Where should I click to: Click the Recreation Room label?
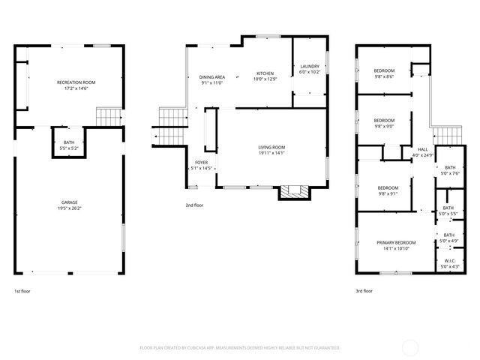76,82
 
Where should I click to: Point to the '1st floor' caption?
23,290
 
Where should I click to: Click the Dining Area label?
212,76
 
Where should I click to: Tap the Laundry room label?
310,66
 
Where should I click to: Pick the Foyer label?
202,162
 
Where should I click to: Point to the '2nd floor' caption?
194,205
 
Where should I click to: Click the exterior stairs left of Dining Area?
169,124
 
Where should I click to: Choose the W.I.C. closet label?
448,262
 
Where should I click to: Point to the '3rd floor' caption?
364,290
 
